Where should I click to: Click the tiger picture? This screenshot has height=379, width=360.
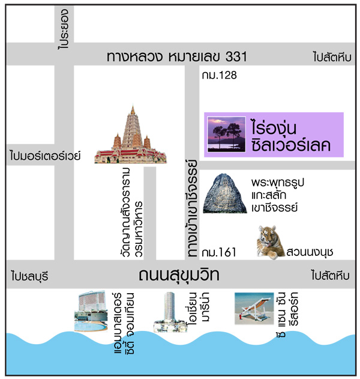(x=269, y=242)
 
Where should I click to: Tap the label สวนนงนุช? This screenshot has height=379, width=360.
(x=310, y=250)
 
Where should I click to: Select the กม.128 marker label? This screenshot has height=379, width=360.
(x=220, y=76)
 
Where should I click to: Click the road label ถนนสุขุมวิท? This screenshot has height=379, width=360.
(x=178, y=276)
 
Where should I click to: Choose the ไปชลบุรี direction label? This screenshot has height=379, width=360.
(x=29, y=277)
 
